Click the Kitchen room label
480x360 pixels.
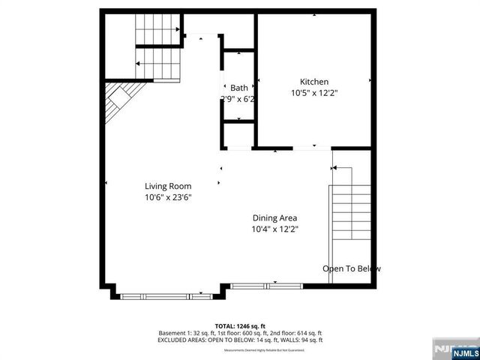[314, 82]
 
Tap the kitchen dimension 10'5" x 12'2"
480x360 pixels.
[314, 94]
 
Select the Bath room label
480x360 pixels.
[238, 88]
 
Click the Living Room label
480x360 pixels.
[168, 186]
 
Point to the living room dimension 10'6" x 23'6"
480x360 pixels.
[168, 198]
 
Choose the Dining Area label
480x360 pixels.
[279, 217]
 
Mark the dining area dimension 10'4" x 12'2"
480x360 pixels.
[279, 229]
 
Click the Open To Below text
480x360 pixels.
[351, 268]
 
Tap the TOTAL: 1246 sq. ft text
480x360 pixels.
[240, 325]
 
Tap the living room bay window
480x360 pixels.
[166, 296]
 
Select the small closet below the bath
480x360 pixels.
[238, 133]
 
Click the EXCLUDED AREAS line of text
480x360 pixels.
[240, 340]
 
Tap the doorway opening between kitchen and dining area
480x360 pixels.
[311, 148]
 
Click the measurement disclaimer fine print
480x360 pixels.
[240, 349]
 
